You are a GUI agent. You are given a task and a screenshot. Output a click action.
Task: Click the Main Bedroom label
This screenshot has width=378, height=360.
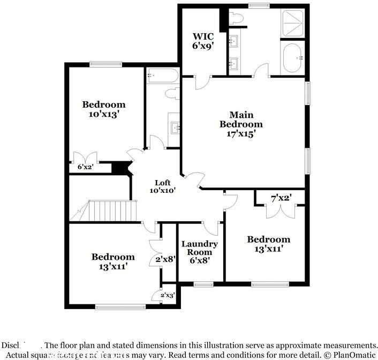[241, 124]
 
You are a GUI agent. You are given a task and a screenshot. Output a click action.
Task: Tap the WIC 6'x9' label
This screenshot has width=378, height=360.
[203, 41]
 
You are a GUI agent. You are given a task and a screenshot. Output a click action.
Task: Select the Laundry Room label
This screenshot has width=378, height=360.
[199, 252]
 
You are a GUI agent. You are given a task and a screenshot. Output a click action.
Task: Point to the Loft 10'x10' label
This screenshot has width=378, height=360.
[162, 186]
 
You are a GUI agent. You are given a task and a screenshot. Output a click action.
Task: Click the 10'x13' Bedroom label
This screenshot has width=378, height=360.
[103, 109]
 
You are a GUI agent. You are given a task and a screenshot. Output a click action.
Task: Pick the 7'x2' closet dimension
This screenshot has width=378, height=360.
[280, 199]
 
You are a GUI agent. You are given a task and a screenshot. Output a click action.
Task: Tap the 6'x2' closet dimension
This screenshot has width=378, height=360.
[85, 167]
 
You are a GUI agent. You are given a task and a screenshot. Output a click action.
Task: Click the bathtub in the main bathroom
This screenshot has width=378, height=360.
[292, 58]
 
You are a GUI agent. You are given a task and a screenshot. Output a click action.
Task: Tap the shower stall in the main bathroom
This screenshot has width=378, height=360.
[292, 24]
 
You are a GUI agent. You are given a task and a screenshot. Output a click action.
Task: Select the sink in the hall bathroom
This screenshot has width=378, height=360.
[175, 127]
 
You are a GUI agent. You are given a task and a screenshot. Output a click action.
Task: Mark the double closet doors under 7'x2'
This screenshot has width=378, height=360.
[281, 211]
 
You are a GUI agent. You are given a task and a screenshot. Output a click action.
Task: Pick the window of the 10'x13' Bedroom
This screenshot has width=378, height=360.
[105, 64]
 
